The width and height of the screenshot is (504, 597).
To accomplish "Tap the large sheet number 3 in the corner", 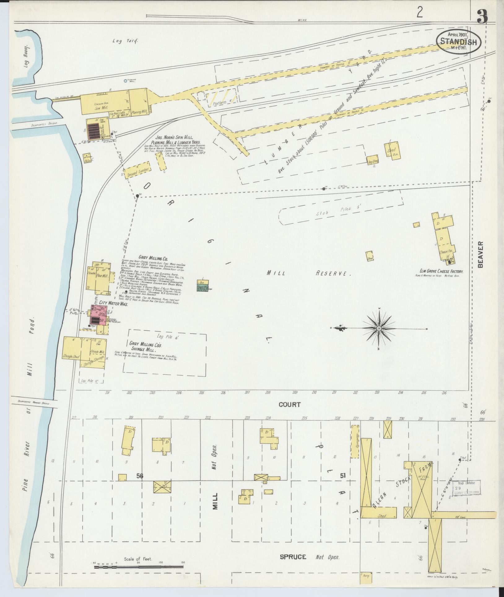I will tap(482, 17).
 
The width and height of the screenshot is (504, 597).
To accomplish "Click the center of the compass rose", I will tap(379, 328).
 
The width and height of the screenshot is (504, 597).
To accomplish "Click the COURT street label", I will tap(289, 404).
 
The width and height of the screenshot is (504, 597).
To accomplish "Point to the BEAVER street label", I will tap(480, 254).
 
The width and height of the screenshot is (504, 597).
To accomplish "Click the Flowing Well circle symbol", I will tap(125, 81).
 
